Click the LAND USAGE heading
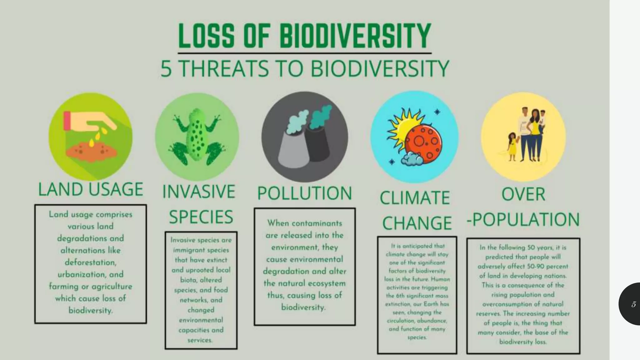91,189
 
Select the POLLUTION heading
305,193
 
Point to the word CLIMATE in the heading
415,198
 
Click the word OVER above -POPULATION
523,194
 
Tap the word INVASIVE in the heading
199,192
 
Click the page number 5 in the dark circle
633,304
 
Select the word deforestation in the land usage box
90,262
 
